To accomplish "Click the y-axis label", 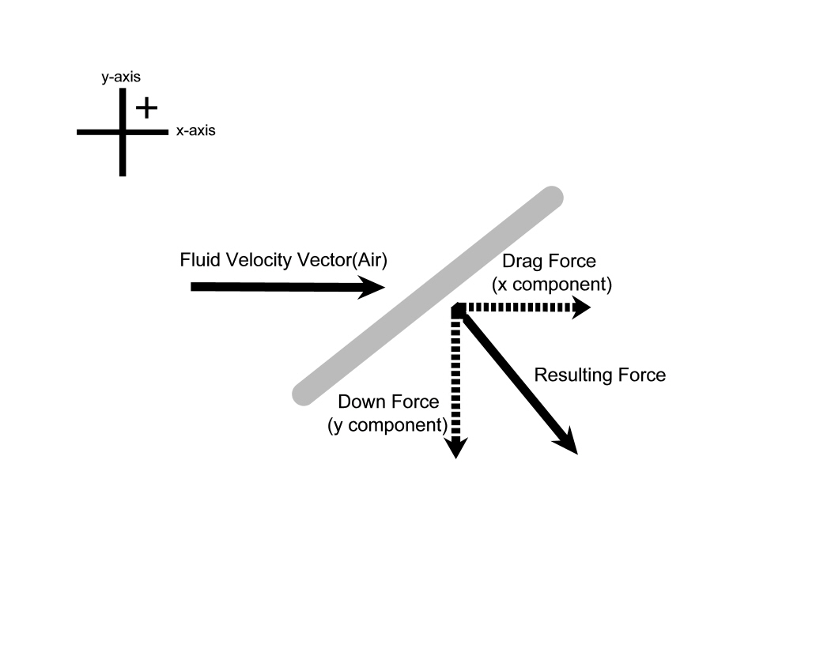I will coord(121,77).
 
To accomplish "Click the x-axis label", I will coord(195,132).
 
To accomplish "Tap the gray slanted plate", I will coord(427,296).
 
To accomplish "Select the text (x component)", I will coord(551,283).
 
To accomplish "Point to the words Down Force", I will coord(388,402).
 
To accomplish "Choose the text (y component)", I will coord(387,424).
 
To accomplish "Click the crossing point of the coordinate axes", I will coord(123,132).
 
